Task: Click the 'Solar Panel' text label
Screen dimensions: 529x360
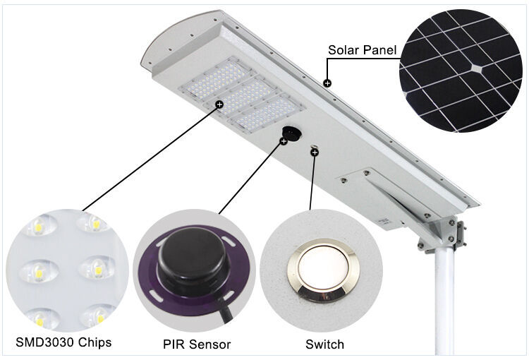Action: click(x=362, y=50)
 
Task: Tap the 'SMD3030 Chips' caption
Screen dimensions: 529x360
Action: click(x=63, y=342)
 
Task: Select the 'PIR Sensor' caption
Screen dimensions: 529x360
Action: click(x=197, y=344)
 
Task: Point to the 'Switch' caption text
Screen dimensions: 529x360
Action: click(x=324, y=344)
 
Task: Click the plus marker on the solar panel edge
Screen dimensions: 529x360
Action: click(x=327, y=83)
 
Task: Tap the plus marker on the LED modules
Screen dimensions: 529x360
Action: click(x=219, y=104)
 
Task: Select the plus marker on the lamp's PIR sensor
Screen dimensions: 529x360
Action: click(x=284, y=141)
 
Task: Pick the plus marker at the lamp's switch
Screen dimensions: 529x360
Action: click(x=315, y=152)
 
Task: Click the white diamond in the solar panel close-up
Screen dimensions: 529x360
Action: click(x=476, y=68)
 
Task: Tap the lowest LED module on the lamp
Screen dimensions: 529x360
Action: click(x=267, y=114)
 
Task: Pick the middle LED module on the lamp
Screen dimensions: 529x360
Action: click(x=242, y=95)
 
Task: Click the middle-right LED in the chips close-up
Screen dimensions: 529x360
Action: click(x=97, y=269)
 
